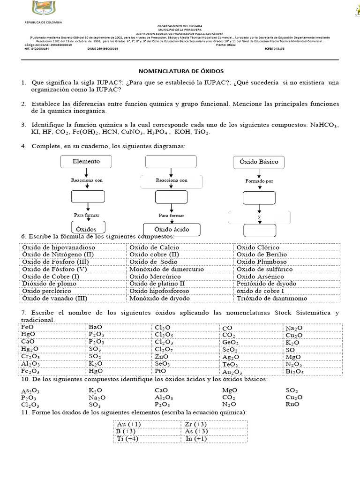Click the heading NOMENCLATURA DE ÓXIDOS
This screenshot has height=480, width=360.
click(x=180, y=71)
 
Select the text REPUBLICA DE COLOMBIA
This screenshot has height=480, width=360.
click(x=43, y=22)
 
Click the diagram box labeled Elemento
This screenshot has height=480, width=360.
click(x=86, y=162)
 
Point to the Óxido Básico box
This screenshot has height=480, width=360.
click(x=259, y=162)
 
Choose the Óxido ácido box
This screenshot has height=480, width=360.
click(x=172, y=230)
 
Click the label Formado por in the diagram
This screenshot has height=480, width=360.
click(x=259, y=181)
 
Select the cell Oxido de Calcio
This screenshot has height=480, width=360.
click(x=154, y=247)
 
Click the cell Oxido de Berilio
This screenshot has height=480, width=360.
click(x=262, y=254)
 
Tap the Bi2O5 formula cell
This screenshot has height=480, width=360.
click(x=295, y=372)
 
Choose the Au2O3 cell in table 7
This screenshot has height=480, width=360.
click(x=232, y=372)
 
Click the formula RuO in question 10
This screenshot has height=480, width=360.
click(x=292, y=404)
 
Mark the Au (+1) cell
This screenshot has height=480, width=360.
click(x=129, y=424)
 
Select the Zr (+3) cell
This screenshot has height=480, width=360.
click(x=196, y=424)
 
